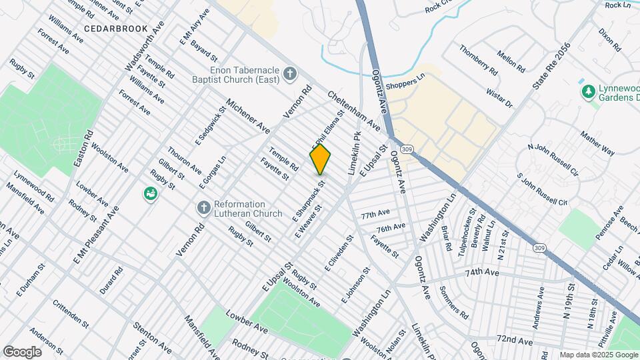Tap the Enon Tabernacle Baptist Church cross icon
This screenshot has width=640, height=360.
(289, 73)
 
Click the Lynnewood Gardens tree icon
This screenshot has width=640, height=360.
(587, 91)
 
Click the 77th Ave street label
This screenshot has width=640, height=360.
(375, 215)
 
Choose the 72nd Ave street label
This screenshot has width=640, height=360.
(515, 341)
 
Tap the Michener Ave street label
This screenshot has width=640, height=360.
(247, 115)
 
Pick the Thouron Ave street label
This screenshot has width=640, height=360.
(185, 160)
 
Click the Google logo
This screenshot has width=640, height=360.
(22, 351)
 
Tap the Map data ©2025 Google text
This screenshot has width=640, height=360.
(598, 355)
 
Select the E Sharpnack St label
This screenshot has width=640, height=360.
(309, 200)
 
